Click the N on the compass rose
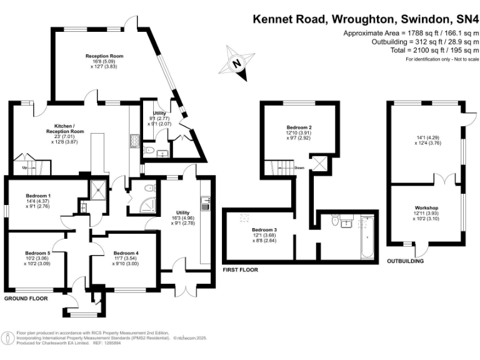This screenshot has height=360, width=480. [236, 63]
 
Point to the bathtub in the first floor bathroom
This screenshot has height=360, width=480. [367, 237]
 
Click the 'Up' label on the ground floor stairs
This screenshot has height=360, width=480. [24, 167]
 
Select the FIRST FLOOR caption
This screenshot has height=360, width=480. [241, 270]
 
